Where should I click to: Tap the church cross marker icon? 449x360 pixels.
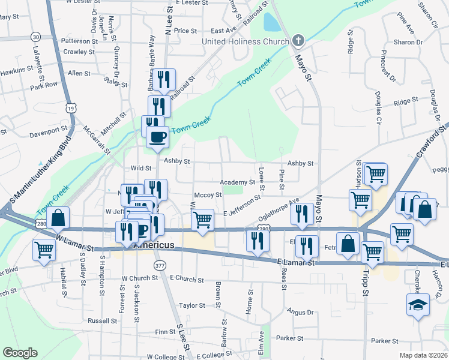(x=298, y=41)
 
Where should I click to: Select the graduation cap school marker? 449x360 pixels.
(x=418, y=305)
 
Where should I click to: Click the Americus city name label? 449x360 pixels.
(x=154, y=245)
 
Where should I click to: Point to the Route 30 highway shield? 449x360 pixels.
(x=37, y=37)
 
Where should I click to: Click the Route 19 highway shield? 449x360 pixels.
(x=71, y=108)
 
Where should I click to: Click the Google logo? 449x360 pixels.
(x=20, y=353)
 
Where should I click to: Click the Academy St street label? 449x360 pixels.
(x=238, y=182)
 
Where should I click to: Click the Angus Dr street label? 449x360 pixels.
(x=301, y=312)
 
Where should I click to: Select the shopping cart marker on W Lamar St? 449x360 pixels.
(x=44, y=248)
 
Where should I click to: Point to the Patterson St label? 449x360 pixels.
(x=79, y=41)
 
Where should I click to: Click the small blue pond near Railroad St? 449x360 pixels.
(x=271, y=23)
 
